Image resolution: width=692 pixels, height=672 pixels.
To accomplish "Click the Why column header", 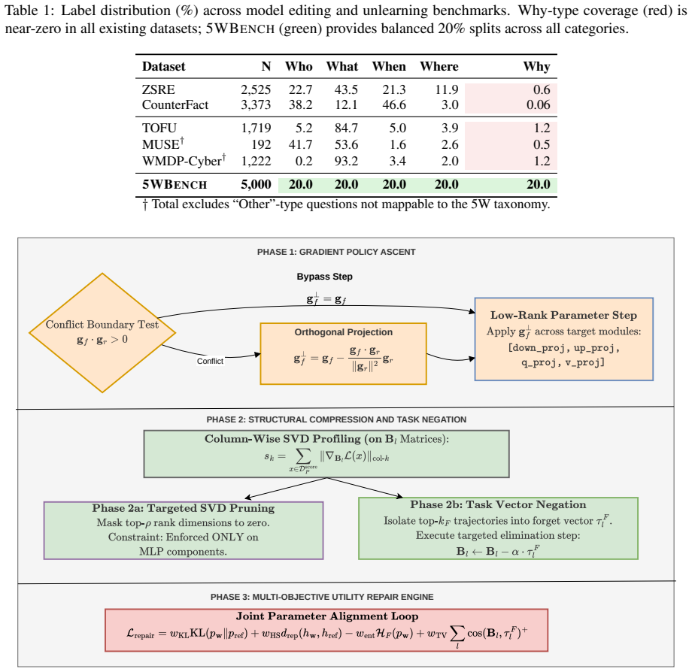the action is tap(536, 67).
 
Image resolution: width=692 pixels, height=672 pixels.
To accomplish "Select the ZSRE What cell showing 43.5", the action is tap(346, 89).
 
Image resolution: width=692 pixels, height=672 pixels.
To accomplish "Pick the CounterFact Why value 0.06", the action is tap(538, 104).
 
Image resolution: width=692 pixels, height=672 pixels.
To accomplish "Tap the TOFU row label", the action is tap(159, 128).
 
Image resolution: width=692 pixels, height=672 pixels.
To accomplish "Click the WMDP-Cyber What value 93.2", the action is tap(346, 161).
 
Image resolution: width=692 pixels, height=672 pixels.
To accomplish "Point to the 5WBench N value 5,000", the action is tap(256, 184).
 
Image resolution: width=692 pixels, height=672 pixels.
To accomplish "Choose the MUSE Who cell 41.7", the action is tap(300, 144).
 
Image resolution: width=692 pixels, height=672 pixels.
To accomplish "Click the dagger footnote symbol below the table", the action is tap(144, 204).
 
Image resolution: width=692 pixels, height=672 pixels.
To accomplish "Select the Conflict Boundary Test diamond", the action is tap(102, 332).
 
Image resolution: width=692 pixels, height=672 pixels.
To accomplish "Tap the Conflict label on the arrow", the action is tap(210, 361).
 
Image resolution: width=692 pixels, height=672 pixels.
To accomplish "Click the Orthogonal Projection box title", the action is tap(343, 332).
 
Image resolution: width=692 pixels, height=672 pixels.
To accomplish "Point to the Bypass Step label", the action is tap(324, 277).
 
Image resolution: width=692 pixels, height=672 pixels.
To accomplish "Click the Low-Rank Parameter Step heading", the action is tap(563, 315).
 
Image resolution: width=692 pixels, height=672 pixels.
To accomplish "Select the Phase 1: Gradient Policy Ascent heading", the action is tap(336, 252).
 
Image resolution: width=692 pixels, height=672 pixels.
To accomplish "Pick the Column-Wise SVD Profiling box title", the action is tap(326, 439).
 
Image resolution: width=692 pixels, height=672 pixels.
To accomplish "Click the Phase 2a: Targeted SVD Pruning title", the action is tap(183, 508).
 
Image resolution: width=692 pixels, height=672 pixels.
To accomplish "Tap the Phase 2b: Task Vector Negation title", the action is tap(498, 504).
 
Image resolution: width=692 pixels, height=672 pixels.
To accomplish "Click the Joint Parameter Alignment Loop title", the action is tap(327, 616).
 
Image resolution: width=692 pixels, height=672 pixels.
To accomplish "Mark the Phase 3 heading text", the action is tap(322, 597).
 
